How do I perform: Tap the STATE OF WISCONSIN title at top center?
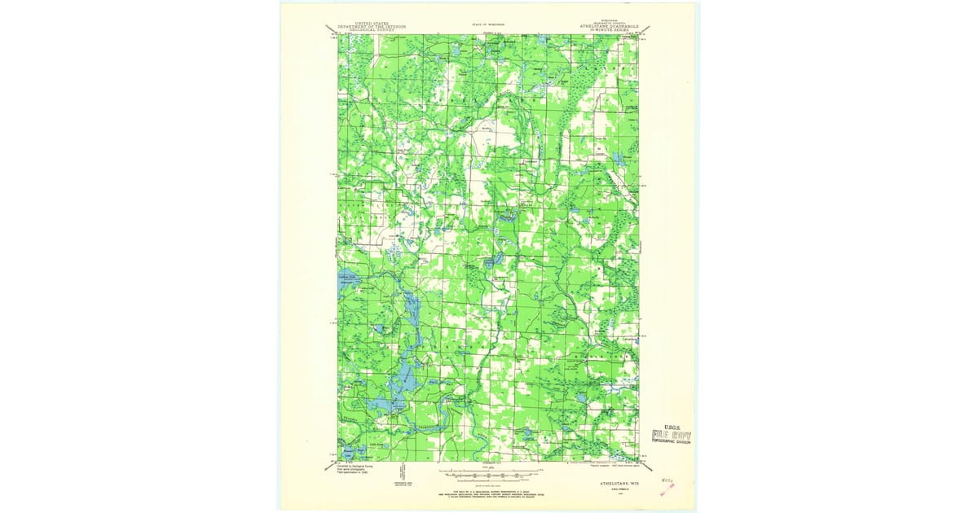pos(488,24)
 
